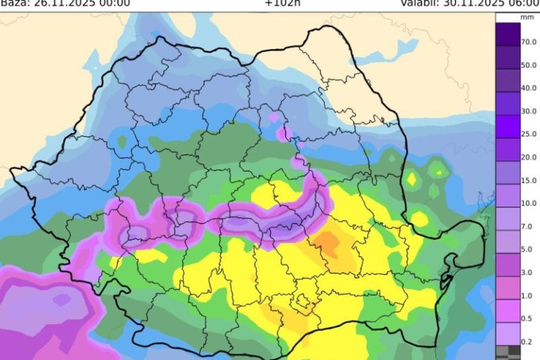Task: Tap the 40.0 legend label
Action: click(529, 88)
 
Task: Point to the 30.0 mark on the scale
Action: click(529, 110)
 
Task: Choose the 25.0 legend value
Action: click(529, 133)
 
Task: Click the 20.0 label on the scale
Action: click(529, 156)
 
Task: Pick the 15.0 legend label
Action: click(529, 179)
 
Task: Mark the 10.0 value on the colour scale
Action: click(529, 202)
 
